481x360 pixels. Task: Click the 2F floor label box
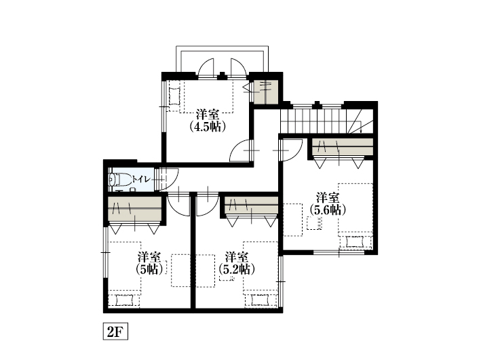pyautogui.click(x=115, y=332)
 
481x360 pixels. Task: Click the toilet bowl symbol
pyautogui.click(x=119, y=180)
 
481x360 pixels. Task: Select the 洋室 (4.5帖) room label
pyautogui.click(x=208, y=121)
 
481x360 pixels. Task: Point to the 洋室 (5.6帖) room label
pyautogui.click(x=328, y=204)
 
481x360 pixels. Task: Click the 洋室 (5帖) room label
pyautogui.click(x=149, y=263)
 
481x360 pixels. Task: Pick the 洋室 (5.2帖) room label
pyautogui.click(x=237, y=263)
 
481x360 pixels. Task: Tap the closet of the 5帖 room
pyautogui.click(x=135, y=209)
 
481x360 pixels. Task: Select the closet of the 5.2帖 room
pyautogui.click(x=251, y=205)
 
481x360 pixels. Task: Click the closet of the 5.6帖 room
pyautogui.click(x=343, y=147)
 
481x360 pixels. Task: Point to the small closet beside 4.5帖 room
pyautogui.click(x=266, y=92)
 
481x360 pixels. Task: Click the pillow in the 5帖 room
pyautogui.click(x=124, y=300)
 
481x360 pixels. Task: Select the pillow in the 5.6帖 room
pyautogui.click(x=355, y=242)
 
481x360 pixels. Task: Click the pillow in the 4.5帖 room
pyautogui.click(x=174, y=96)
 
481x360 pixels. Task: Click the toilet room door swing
pyautogui.click(x=168, y=180)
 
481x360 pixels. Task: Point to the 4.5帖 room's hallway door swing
pyautogui.click(x=240, y=151)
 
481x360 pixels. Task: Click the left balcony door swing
pyautogui.click(x=206, y=67)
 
